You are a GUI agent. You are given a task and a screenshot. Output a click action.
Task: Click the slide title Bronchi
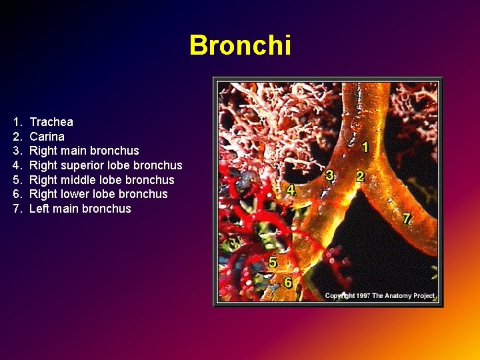pyautogui.click(x=240, y=45)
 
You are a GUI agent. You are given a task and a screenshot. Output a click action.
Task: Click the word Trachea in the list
pyautogui.click(x=51, y=122)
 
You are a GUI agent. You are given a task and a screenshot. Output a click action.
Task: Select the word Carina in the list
pyautogui.click(x=47, y=137)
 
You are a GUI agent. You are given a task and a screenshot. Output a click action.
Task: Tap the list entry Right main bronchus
pyautogui.click(x=84, y=151)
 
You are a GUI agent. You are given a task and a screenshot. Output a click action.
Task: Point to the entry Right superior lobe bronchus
pyautogui.click(x=105, y=165)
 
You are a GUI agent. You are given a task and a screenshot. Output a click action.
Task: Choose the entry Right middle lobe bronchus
pyautogui.click(x=101, y=180)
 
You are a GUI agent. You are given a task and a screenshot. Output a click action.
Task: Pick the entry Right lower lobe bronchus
pyautogui.click(x=99, y=194)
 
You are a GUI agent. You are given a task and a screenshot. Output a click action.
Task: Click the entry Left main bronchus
pyautogui.click(x=80, y=209)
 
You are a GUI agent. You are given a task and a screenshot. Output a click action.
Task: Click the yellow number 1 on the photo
pyautogui.click(x=365, y=146)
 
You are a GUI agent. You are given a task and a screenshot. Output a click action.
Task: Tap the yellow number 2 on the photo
pyautogui.click(x=360, y=177)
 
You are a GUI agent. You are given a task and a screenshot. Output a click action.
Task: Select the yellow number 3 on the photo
pyautogui.click(x=329, y=175)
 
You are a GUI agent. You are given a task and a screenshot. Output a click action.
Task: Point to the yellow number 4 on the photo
pyautogui.click(x=291, y=190)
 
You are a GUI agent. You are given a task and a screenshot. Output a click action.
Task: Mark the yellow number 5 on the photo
pyautogui.click(x=273, y=261)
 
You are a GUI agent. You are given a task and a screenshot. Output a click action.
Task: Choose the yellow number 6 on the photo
pyautogui.click(x=288, y=282)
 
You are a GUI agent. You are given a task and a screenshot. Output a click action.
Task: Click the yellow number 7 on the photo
pyautogui.click(x=407, y=218)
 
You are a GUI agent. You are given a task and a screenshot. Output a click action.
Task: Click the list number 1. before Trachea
pyautogui.click(x=17, y=122)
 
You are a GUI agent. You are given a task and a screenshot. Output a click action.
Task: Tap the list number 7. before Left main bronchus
pyautogui.click(x=17, y=209)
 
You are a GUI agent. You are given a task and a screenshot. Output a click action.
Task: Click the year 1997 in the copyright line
pyautogui.click(x=364, y=295)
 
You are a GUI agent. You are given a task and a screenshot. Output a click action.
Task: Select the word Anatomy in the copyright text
pyautogui.click(x=407, y=295)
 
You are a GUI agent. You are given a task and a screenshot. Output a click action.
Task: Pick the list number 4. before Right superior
pyautogui.click(x=17, y=165)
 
